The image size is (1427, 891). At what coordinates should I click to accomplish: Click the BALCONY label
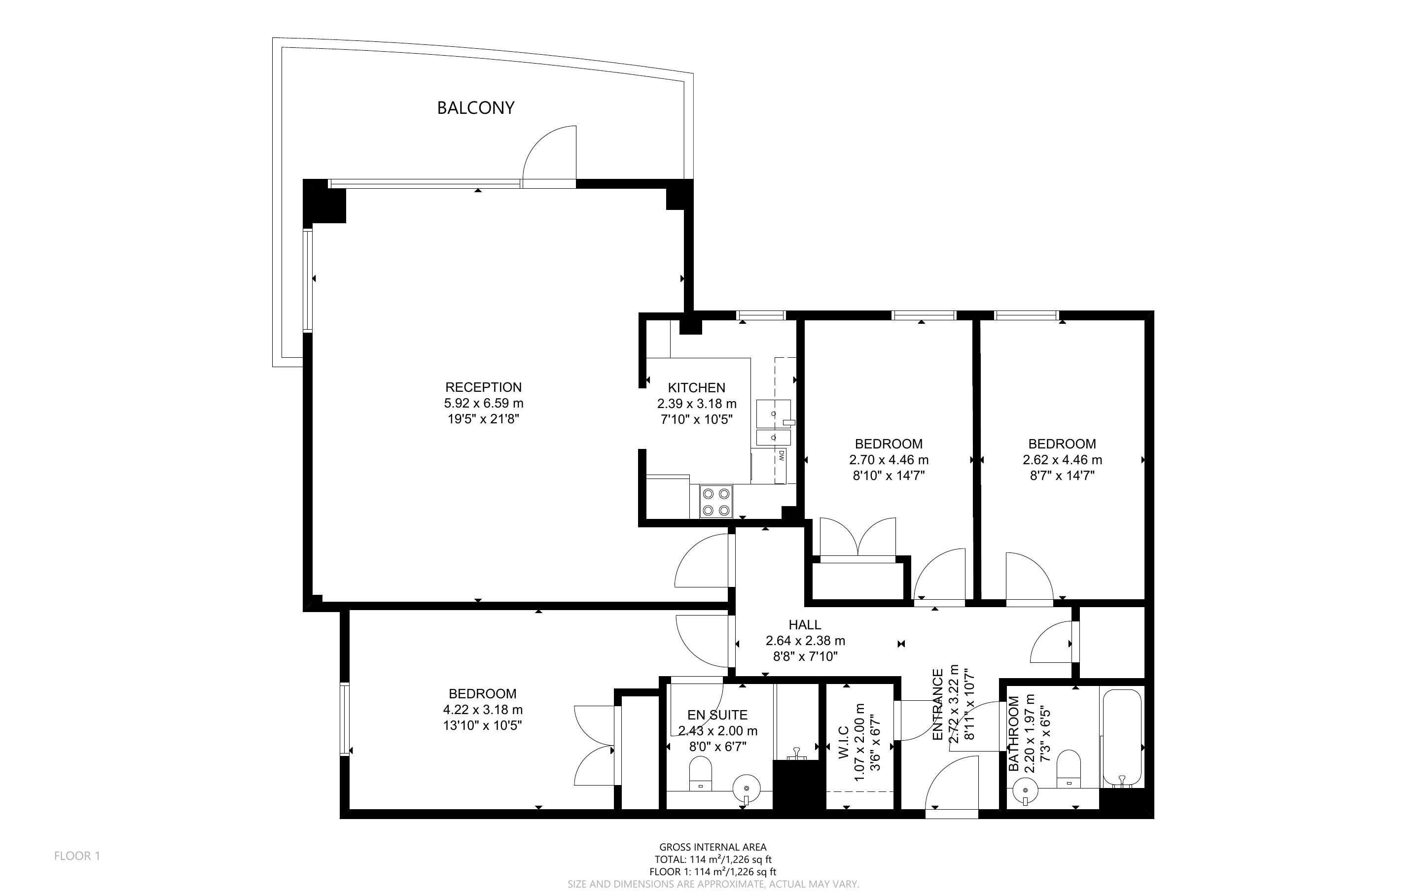(476, 108)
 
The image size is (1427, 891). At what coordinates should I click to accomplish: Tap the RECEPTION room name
(483, 387)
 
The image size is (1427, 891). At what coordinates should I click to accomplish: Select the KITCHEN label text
(697, 388)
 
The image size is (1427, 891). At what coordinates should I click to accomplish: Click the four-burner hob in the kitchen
(716, 502)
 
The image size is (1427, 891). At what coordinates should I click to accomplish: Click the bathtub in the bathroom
(1122, 737)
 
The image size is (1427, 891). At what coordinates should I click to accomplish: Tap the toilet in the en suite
(701, 774)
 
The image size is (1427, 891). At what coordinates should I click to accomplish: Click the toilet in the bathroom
(1069, 769)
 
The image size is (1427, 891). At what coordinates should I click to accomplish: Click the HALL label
(805, 625)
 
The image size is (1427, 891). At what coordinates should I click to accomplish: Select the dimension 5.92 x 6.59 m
(483, 404)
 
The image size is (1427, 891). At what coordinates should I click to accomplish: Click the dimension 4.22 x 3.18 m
(483, 710)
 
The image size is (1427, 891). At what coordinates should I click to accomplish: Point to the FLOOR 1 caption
(77, 856)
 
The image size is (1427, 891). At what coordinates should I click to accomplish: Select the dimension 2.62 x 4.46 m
(1062, 460)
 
